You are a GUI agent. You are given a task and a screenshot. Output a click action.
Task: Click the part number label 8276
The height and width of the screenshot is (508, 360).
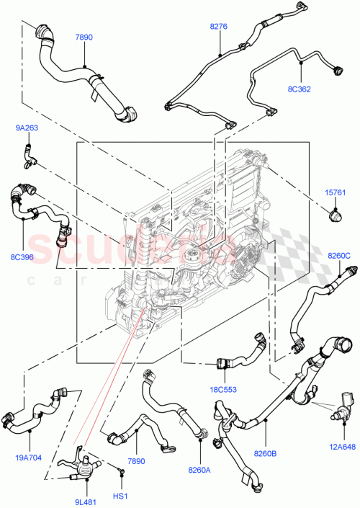(x=218, y=27)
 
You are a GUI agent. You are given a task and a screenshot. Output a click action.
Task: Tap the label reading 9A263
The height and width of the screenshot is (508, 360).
(x=27, y=129)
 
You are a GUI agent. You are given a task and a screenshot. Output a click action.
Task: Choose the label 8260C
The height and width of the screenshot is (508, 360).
(x=338, y=255)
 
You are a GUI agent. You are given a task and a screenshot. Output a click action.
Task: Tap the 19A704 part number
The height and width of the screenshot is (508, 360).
(x=30, y=455)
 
